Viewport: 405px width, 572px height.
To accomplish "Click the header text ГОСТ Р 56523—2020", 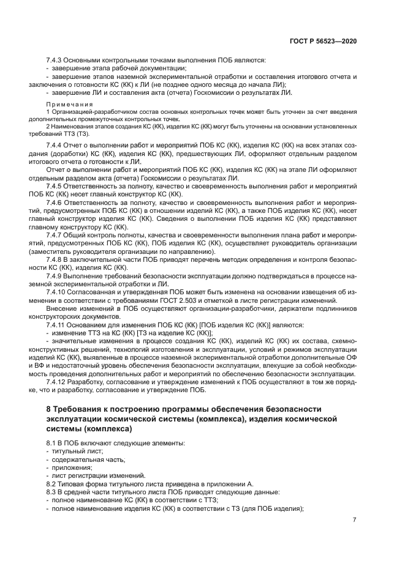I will pos(324,40).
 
